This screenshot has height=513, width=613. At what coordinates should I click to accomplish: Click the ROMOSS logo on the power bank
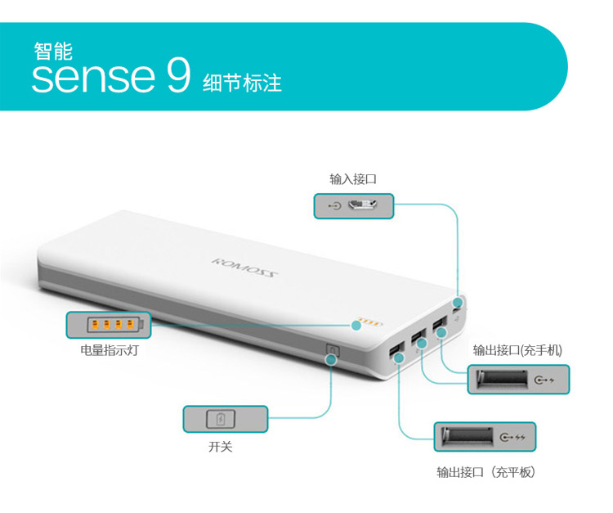[x=244, y=268]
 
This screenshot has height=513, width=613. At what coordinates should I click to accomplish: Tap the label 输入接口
[x=353, y=179]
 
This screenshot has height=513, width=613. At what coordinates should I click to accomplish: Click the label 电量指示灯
[x=110, y=350]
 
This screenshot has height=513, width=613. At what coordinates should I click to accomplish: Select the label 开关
[x=221, y=447]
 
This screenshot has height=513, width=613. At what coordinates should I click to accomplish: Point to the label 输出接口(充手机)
[x=517, y=350]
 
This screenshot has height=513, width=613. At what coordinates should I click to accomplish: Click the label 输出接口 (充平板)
[x=486, y=472]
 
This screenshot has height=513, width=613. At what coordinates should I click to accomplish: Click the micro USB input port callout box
[x=354, y=206]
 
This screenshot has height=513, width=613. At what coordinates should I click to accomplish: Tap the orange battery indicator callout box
[x=109, y=325]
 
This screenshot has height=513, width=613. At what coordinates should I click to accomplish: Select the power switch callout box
[x=226, y=419]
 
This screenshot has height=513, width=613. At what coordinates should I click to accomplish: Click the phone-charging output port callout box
[x=518, y=379]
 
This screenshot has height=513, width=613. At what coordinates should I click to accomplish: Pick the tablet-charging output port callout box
[x=485, y=437]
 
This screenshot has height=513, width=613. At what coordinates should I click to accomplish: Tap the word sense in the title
[x=93, y=78]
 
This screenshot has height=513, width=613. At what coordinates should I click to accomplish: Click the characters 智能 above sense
[x=53, y=52]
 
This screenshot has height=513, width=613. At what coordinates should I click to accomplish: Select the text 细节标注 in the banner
[x=243, y=83]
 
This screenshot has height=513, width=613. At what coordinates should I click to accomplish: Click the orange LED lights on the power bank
[x=370, y=322]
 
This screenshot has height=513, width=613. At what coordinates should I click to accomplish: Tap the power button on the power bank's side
[x=333, y=349]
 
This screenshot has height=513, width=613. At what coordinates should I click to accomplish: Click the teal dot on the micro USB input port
[x=458, y=302]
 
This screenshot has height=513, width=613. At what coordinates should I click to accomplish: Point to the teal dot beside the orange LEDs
[x=356, y=325]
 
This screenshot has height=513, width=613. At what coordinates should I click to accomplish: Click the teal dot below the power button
[x=332, y=359]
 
